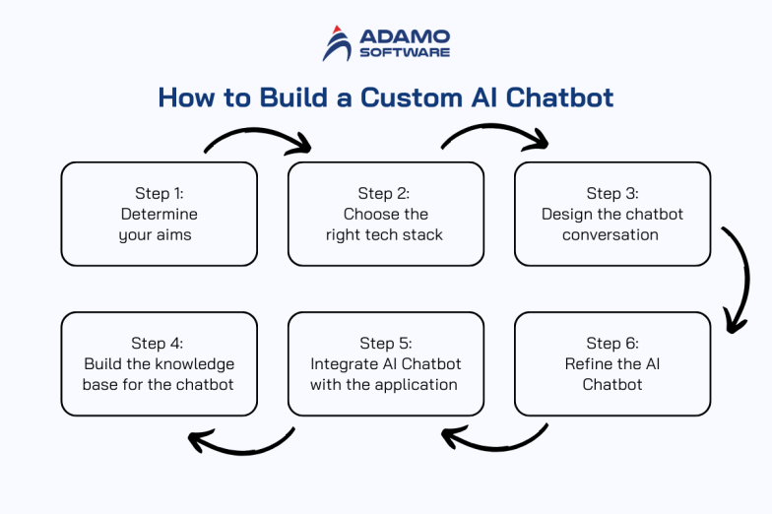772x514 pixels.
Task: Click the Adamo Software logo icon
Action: click(337, 43)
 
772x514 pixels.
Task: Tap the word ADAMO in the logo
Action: click(405, 36)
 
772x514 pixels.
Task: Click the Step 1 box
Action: click(160, 215)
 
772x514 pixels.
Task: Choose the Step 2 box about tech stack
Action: click(386, 215)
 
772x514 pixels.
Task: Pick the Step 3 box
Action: click(612, 215)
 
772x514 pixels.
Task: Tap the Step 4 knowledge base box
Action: click(160, 363)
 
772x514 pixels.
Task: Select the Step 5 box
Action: click(386, 363)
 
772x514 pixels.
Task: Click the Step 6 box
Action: click(612, 363)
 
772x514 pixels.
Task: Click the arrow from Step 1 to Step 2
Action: click(258, 136)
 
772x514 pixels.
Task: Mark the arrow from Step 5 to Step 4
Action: click(241, 444)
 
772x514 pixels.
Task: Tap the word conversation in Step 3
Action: click(611, 235)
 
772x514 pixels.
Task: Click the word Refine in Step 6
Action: click(589, 363)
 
